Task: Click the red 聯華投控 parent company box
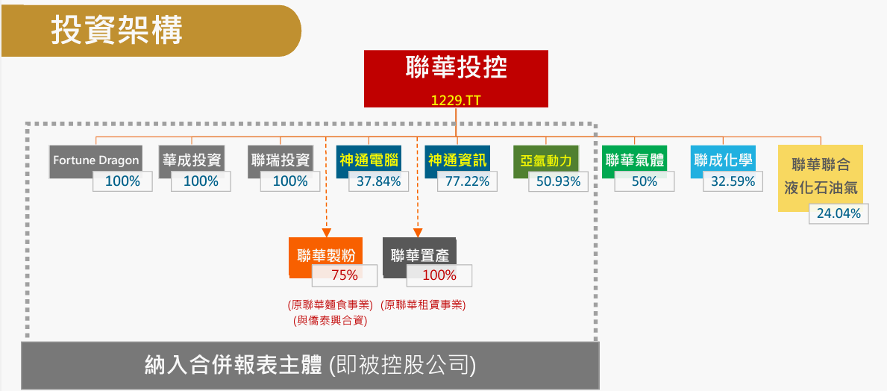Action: click(456, 78)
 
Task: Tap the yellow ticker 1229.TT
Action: click(456, 100)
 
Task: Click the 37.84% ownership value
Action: click(378, 181)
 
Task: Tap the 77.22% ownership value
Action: click(467, 181)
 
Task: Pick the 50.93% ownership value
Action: click(558, 181)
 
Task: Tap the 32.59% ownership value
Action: click(733, 181)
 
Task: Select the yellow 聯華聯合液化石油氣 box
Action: click(821, 178)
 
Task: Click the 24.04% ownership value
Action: click(839, 213)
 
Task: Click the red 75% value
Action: click(345, 275)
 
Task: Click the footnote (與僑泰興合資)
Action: click(330, 321)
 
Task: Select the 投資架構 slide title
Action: click(117, 31)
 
